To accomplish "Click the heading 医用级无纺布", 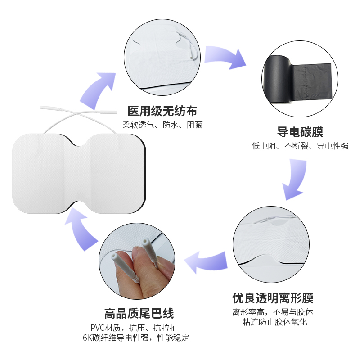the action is click(x=162, y=111).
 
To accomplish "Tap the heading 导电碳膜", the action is click(x=300, y=132).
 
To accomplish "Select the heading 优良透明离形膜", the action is click(x=273, y=298).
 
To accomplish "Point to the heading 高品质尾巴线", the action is click(x=139, y=314).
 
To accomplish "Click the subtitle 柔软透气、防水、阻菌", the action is click(x=162, y=125).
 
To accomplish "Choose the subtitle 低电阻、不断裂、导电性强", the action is click(x=300, y=146).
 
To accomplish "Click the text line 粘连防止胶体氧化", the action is click(x=275, y=322).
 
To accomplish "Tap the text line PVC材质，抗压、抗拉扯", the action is click(x=134, y=328).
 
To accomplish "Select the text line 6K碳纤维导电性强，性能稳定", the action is click(x=136, y=338).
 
